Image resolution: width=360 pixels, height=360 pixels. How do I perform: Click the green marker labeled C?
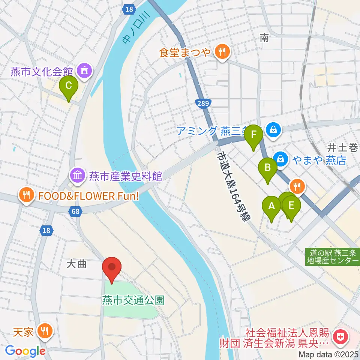coord(68,86)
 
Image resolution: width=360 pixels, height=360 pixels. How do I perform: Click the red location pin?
coord(112,268)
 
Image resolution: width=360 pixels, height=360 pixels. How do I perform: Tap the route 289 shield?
coord(203,102)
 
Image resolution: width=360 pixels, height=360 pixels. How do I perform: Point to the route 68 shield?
coord(76,212)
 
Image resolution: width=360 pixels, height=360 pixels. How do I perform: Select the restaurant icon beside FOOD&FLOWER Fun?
coord(26,195)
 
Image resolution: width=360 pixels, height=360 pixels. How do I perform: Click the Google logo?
coord(25,351)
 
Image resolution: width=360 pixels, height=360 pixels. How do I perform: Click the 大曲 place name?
coord(76,264)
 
